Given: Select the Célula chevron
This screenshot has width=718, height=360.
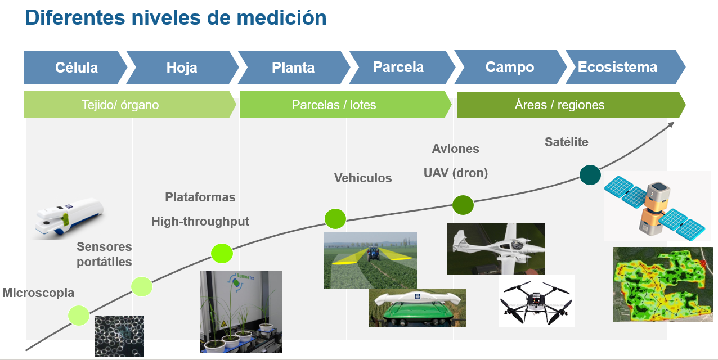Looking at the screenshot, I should pyautogui.click(x=76, y=67).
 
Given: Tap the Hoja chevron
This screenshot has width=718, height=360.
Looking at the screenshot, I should pyautogui.click(x=182, y=67).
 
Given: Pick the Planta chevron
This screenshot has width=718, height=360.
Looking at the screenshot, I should pyautogui.click(x=293, y=67).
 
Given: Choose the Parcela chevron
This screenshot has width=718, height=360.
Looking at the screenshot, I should pyautogui.click(x=398, y=67).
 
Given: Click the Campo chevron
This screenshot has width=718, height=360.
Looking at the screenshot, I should pyautogui.click(x=509, y=67).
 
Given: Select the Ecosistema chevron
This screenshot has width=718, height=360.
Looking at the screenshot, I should pyautogui.click(x=617, y=67).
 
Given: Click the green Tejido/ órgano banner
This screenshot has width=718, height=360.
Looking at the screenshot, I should pyautogui.click(x=120, y=105).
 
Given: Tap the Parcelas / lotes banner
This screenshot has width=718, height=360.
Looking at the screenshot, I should pyautogui.click(x=334, y=105).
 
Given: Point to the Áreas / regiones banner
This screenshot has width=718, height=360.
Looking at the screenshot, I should pyautogui.click(x=559, y=105).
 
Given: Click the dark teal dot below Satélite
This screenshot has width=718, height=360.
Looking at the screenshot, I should pyautogui.click(x=590, y=174).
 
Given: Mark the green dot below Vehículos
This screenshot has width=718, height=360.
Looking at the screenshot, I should pyautogui.click(x=335, y=218).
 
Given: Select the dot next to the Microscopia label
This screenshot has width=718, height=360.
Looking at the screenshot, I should pyautogui.click(x=79, y=315).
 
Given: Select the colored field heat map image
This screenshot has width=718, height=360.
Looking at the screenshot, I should pyautogui.click(x=662, y=284).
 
